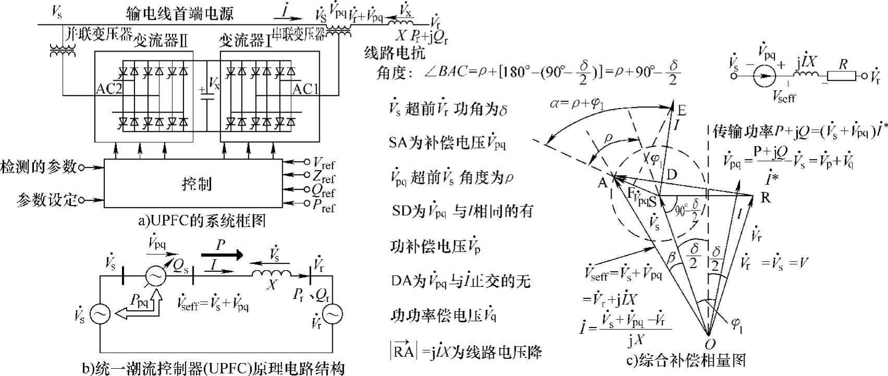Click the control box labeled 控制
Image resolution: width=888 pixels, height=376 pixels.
(197, 184)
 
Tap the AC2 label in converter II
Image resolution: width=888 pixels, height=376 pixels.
(109, 89)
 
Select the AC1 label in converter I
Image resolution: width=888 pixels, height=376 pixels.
(305, 89)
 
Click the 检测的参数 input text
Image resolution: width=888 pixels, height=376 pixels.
(38, 167)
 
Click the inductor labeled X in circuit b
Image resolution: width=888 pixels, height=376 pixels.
(271, 274)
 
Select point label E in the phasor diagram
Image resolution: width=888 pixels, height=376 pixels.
(681, 110)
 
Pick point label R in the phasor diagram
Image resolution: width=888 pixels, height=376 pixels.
(765, 197)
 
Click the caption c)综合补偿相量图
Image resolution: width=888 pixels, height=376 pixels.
(686, 360)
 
